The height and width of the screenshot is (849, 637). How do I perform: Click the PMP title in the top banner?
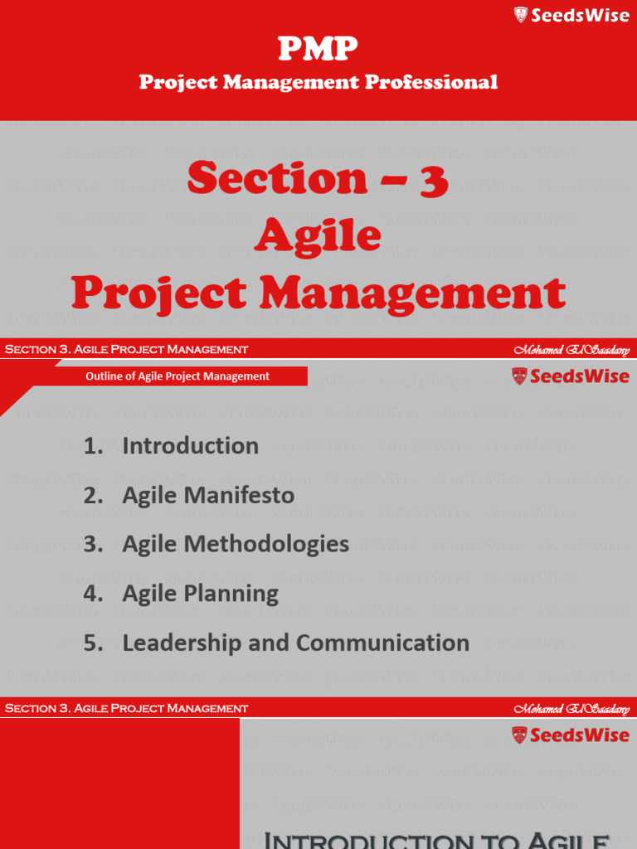[318, 50]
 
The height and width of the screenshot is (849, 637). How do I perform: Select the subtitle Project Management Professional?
[318, 81]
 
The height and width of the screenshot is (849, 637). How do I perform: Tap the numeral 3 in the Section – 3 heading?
[433, 179]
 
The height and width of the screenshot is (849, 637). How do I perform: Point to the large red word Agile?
[318, 235]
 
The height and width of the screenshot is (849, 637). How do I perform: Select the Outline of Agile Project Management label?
[177, 376]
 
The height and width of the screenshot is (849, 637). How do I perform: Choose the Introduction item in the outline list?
[190, 446]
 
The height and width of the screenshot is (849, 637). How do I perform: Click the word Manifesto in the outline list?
[242, 496]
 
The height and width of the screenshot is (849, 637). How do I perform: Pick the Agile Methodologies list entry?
[236, 545]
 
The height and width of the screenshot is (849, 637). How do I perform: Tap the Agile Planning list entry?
[200, 594]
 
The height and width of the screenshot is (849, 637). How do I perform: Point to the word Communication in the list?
[382, 643]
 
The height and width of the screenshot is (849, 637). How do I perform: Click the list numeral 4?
[92, 594]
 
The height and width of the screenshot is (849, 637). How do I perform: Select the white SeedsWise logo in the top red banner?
[571, 15]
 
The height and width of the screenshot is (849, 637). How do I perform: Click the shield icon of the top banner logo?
[521, 15]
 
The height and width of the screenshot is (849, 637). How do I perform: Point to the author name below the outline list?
[571, 709]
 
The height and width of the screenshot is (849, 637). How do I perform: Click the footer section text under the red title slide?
[126, 349]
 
